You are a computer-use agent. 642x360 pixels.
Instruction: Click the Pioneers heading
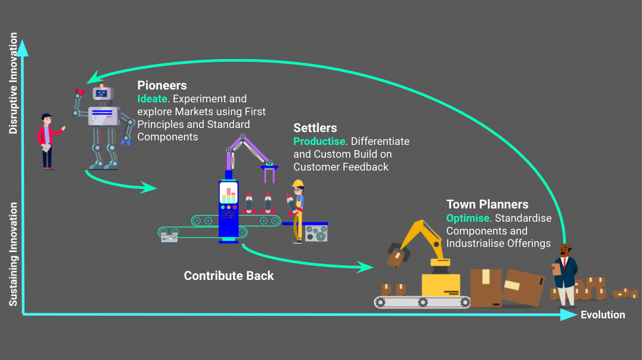pos(162,85)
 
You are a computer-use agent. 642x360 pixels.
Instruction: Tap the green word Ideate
pos(151,99)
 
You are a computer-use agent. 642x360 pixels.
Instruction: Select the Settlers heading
pos(315,128)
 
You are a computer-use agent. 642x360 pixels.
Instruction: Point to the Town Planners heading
pos(487,205)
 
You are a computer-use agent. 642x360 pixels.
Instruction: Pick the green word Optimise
pos(467,218)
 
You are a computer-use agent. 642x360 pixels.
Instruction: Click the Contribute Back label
pos(229,276)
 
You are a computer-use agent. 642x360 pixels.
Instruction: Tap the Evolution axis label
pos(602,315)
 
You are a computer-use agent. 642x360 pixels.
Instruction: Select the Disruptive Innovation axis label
pos(13,83)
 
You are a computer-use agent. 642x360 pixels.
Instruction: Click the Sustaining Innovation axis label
pos(13,254)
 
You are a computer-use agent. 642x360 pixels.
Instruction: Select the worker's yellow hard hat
pos(298,183)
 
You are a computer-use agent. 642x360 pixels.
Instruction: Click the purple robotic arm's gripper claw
pos(270,173)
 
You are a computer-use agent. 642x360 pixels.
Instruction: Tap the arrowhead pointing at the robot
pos(91,78)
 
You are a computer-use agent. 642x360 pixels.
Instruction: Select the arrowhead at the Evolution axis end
pos(569,314)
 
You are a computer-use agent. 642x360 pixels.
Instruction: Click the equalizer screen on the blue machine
pos(228,193)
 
